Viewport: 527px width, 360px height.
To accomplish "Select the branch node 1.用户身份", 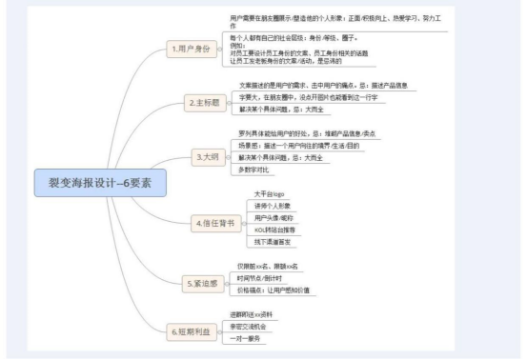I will (192, 47).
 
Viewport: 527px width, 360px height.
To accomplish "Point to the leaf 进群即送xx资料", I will (255, 313).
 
